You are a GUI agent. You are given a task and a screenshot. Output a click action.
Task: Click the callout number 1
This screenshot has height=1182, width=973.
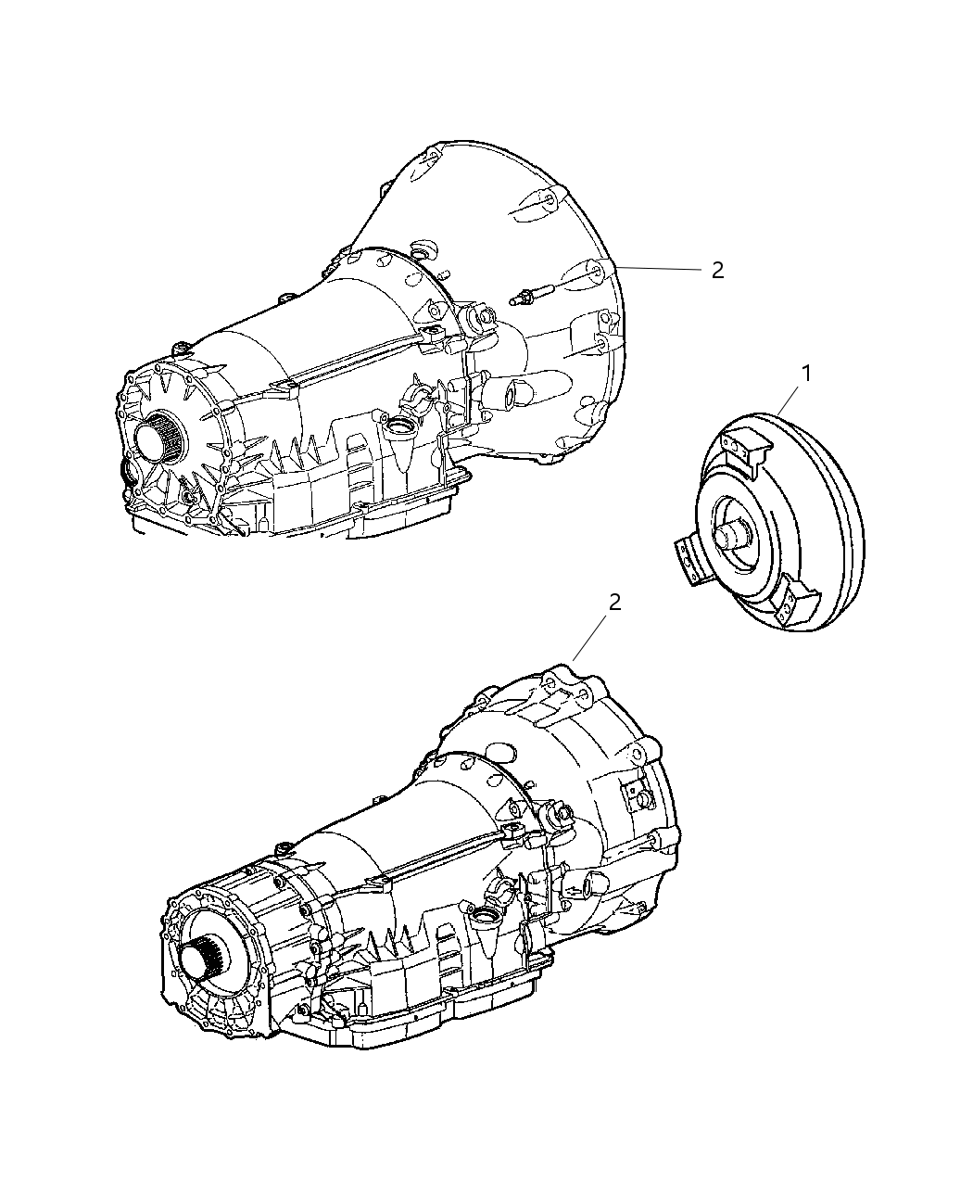click(806, 374)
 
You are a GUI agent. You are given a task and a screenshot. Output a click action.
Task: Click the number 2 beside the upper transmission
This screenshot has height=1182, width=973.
click(716, 270)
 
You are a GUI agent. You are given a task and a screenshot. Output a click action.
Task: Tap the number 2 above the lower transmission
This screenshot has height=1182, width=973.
click(613, 603)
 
